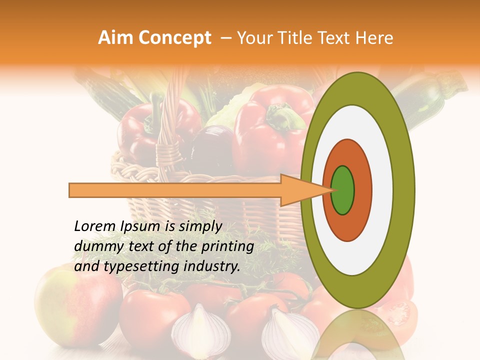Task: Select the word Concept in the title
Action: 174,38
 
